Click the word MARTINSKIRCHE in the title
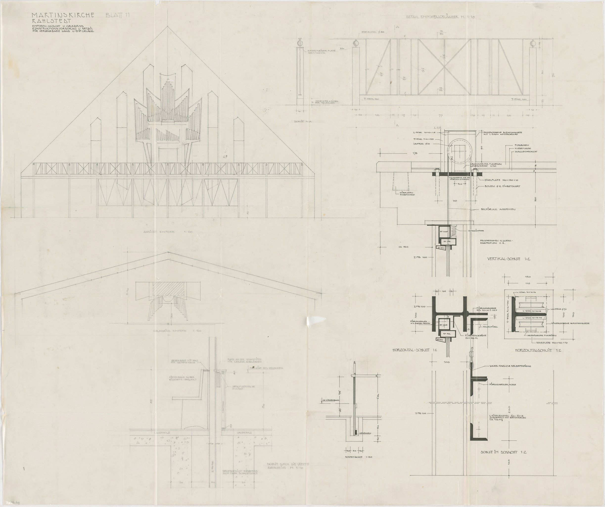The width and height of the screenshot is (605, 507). [63, 15]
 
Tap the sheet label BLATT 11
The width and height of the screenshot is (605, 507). [117, 15]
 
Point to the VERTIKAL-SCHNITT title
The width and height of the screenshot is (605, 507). [508, 259]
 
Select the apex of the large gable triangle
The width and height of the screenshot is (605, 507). [167, 27]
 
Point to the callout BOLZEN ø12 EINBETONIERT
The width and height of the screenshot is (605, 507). [503, 187]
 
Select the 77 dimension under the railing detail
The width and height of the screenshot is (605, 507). [440, 116]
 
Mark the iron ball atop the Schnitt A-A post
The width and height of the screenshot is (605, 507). [300, 43]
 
